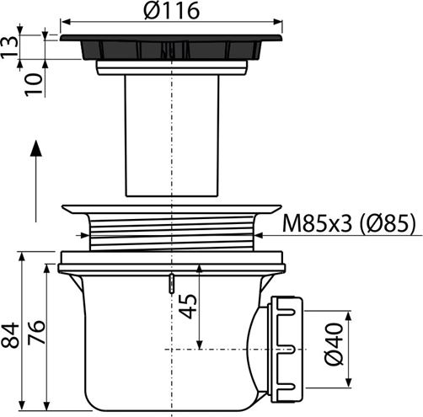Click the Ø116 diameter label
point(172,11)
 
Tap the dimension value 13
point(9,47)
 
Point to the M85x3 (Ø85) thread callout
point(348,223)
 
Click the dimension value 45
point(188,306)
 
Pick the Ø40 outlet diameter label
point(334,345)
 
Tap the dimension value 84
point(10,335)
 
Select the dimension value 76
point(36,332)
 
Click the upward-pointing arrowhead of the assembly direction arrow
point(36,148)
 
